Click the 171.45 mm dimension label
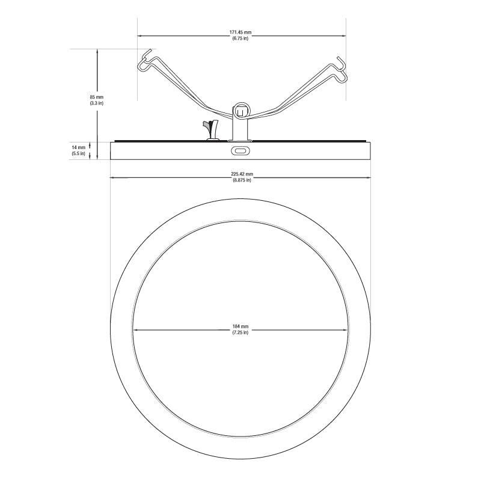point(240,32)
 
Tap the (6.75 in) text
point(240,38)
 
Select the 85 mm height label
point(97,97)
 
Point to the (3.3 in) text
point(97,103)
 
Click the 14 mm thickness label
point(79,147)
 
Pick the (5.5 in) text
point(79,153)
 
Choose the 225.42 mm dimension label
point(242,174)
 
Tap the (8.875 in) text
point(242,180)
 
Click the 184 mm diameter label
point(240,326)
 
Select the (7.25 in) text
point(240,332)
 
